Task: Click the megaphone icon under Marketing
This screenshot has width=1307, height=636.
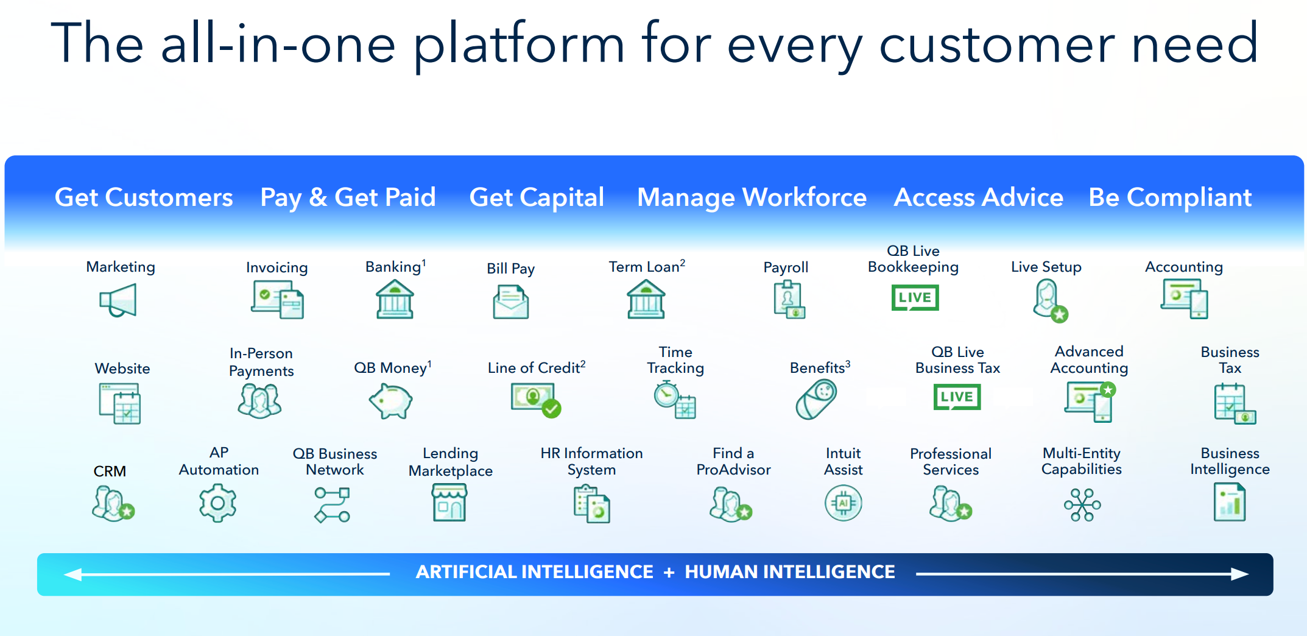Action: pyautogui.click(x=118, y=300)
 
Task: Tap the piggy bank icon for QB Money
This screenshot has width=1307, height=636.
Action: pyautogui.click(x=390, y=401)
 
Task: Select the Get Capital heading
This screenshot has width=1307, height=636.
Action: pyautogui.click(x=536, y=197)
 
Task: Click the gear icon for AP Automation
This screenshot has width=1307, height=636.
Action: pyautogui.click(x=217, y=503)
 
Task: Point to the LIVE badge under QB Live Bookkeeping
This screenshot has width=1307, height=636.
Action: pyautogui.click(x=914, y=297)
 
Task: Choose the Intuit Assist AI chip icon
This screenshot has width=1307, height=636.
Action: pyautogui.click(x=843, y=503)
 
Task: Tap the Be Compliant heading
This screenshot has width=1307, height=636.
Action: pyautogui.click(x=1169, y=197)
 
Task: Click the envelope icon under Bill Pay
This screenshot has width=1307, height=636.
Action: pyautogui.click(x=510, y=302)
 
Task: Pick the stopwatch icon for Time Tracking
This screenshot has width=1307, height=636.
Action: pyautogui.click(x=674, y=399)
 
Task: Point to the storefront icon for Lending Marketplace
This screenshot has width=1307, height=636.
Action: pyautogui.click(x=449, y=503)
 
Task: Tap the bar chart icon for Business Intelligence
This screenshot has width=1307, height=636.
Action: pyautogui.click(x=1229, y=503)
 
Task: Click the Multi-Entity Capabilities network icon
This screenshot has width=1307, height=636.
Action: pyautogui.click(x=1082, y=504)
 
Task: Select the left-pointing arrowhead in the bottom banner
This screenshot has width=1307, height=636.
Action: pyautogui.click(x=73, y=574)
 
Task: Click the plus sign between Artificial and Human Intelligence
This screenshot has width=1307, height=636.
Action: pyautogui.click(x=669, y=573)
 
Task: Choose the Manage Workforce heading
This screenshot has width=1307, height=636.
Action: pyautogui.click(x=751, y=197)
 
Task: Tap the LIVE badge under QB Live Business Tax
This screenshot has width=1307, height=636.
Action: pyautogui.click(x=956, y=397)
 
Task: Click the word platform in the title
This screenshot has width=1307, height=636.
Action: pyautogui.click(x=519, y=44)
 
